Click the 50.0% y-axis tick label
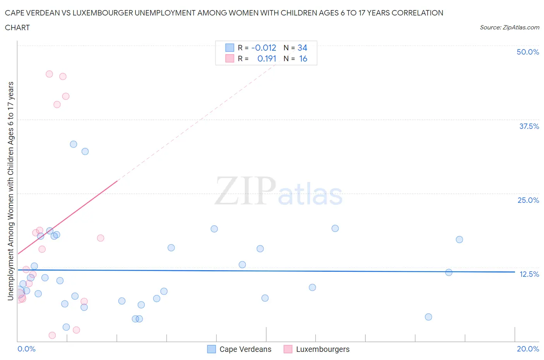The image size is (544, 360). pos(527,52)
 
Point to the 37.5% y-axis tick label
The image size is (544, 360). pos(529,126)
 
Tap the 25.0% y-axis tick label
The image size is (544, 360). pos(528,200)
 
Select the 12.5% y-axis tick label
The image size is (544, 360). pos(529,274)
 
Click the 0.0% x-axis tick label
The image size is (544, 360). pos(26,349)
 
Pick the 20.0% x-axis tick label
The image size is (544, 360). pos(527,349)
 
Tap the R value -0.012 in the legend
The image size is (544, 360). pos(263,48)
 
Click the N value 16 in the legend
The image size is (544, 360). pos(303,58)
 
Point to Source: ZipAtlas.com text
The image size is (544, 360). pos(509,27)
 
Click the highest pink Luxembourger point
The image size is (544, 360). pos(49,74)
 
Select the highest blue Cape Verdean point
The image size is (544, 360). pos(74,144)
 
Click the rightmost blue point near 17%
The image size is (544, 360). pos(459,239)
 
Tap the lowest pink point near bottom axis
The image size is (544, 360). pos(52,335)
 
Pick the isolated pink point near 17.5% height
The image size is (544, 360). pos(101,238)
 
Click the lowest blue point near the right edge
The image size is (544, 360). pos(428,317)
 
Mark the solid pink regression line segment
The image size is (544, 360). pos(68,217)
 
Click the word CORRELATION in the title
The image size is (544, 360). pos(417,13)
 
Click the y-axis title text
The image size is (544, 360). pos(10,191)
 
